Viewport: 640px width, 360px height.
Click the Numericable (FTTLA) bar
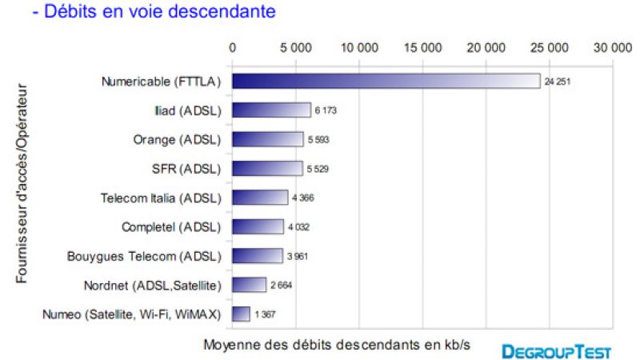[386, 82]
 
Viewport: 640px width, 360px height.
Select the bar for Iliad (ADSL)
[271, 110]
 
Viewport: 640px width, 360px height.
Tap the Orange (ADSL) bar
[267, 139]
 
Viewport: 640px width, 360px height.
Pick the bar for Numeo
[241, 314]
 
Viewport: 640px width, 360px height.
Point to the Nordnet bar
[249, 285]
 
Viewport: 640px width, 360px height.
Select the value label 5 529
[317, 169]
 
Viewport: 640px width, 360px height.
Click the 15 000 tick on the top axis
[422, 47]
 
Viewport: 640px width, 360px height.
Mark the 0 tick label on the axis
[232, 47]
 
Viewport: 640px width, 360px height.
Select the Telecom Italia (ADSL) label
[161, 198]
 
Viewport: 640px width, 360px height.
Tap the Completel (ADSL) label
[171, 226]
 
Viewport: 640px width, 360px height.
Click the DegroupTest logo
[557, 350]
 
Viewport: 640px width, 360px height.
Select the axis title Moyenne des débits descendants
[336, 345]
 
